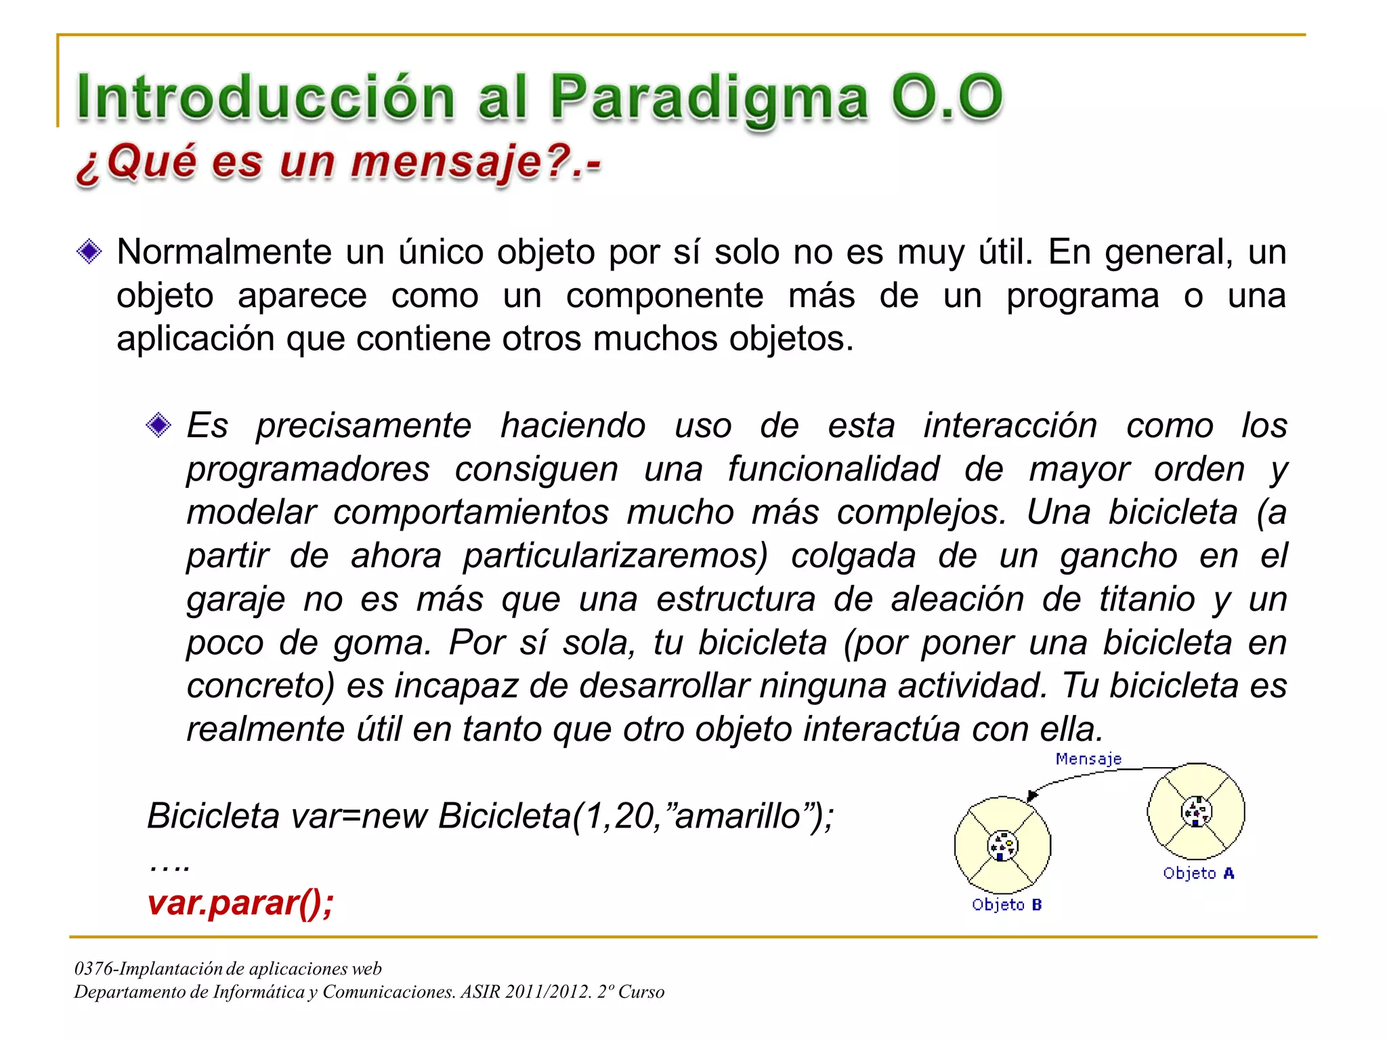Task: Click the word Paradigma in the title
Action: (x=708, y=97)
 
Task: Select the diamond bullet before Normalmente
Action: (x=89, y=252)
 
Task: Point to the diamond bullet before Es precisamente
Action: (x=158, y=426)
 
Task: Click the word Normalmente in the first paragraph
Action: (x=223, y=252)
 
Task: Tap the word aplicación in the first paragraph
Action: (x=195, y=339)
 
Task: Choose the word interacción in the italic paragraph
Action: (x=1010, y=426)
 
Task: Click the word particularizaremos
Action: (x=615, y=556)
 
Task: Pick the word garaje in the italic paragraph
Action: (x=235, y=600)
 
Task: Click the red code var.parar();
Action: (x=240, y=903)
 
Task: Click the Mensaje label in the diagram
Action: (x=1088, y=759)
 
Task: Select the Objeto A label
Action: (x=1198, y=874)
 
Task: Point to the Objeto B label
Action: (x=1006, y=905)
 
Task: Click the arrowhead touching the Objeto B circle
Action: (x=1031, y=796)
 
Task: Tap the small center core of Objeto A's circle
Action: (x=1196, y=811)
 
